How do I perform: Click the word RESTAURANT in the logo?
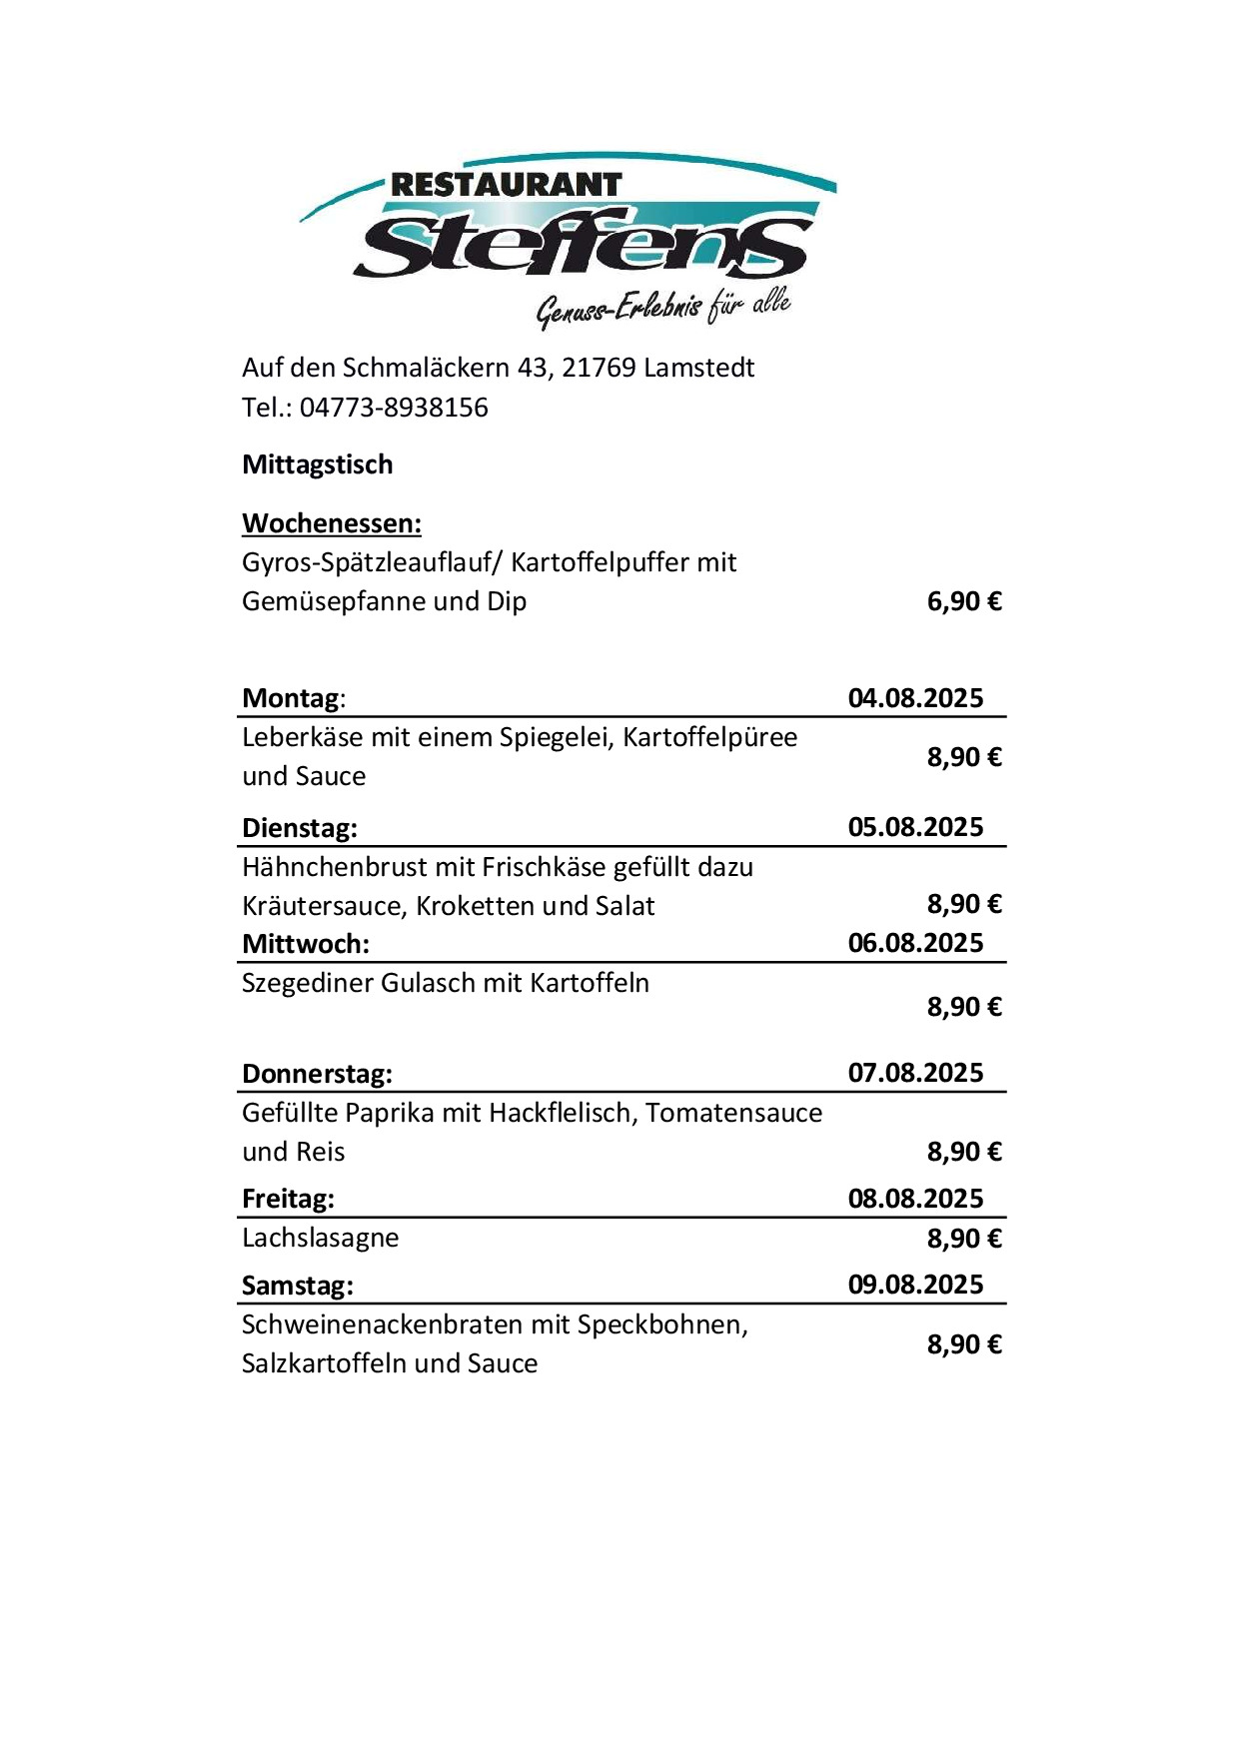(506, 185)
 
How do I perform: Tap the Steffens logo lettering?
(583, 245)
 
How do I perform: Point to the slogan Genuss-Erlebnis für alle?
(663, 308)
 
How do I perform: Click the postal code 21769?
(599, 368)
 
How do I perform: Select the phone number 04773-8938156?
(394, 408)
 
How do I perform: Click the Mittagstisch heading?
(318, 464)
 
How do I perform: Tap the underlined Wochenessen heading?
(332, 523)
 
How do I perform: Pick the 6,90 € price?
(964, 601)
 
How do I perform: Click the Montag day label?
(291, 698)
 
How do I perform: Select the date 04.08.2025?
(915, 698)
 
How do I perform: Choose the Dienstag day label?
(299, 828)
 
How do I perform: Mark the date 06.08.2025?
(915, 943)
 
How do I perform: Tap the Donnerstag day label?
(317, 1074)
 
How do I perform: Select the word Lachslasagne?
(320, 1238)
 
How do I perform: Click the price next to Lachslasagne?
(964, 1239)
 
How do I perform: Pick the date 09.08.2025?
(915, 1285)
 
